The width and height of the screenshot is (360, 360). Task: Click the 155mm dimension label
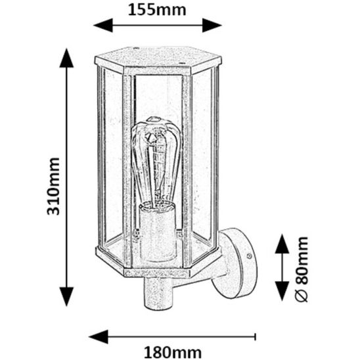(x=157, y=11)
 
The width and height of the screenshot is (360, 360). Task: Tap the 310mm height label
(x=53, y=186)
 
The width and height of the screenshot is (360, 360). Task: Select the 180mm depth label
(x=173, y=352)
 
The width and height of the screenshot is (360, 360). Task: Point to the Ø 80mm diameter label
(x=302, y=269)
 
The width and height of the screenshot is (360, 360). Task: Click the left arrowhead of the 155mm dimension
(x=103, y=25)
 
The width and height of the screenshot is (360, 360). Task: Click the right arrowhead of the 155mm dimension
(x=212, y=25)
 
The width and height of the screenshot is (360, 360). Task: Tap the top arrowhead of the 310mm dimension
(x=66, y=58)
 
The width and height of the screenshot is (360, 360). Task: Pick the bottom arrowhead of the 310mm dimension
(x=66, y=296)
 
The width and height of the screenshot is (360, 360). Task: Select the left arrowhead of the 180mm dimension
(x=99, y=336)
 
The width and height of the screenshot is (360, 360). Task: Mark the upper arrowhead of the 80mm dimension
(x=282, y=244)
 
